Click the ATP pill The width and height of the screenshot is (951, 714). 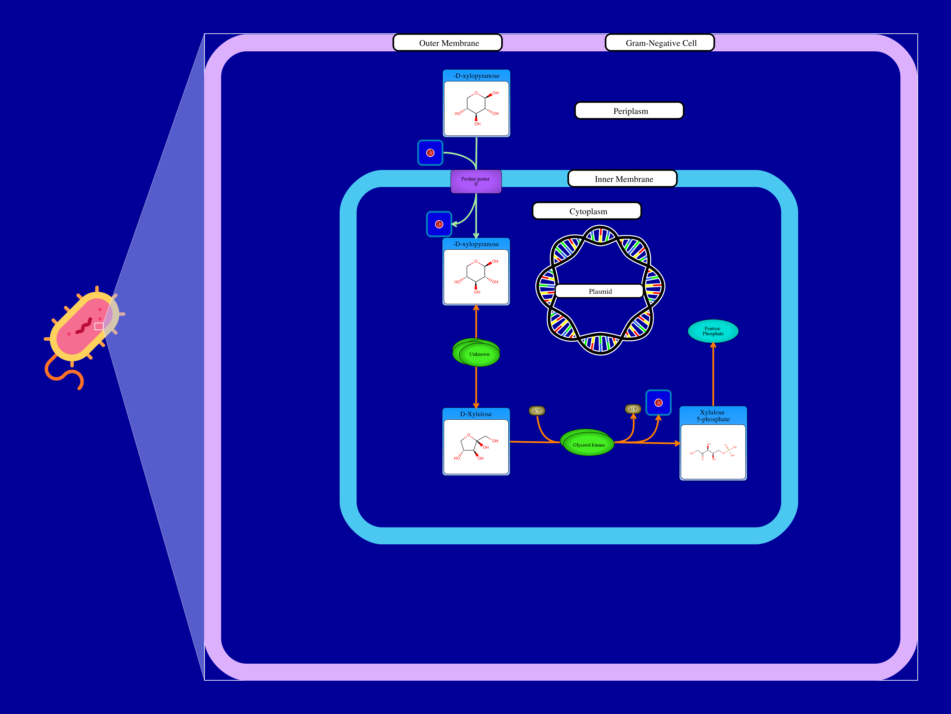536,411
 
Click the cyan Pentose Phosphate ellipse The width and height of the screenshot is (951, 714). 713,331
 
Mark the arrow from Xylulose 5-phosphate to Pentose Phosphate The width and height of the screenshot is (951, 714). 713,375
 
